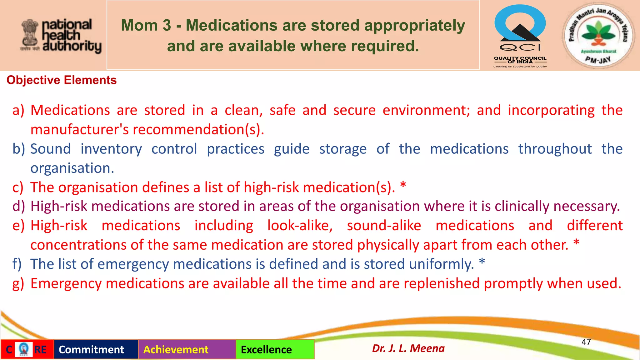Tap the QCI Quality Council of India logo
click(x=520, y=36)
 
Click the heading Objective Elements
click(x=62, y=80)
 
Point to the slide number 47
click(x=586, y=342)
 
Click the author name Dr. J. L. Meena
click(x=408, y=348)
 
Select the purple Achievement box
click(x=187, y=349)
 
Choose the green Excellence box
click(x=275, y=349)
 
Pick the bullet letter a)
click(x=18, y=110)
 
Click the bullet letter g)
click(x=18, y=284)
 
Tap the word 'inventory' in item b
click(x=111, y=149)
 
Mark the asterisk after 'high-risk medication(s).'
click(x=403, y=185)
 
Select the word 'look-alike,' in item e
click(x=300, y=226)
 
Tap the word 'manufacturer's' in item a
click(x=79, y=130)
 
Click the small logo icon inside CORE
click(x=23, y=349)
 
